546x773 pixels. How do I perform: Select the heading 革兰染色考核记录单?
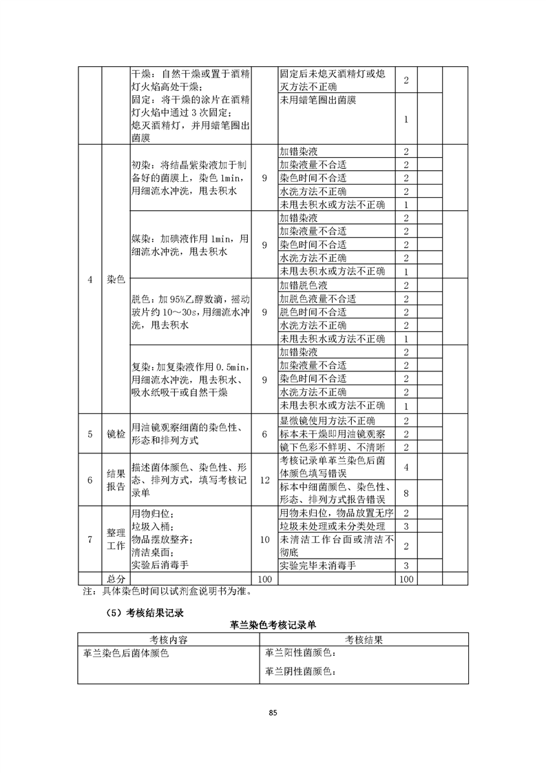tap(273, 625)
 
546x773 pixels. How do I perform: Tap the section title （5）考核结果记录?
tap(140, 611)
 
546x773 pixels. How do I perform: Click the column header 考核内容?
tap(169, 639)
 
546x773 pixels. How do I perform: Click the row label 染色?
tap(116, 280)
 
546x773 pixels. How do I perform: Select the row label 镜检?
tap(116, 434)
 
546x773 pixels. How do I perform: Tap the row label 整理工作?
tap(116, 539)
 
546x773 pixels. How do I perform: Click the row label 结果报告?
tap(116, 480)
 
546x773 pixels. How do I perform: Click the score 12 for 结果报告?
tap(265, 480)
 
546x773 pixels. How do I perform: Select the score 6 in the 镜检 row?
tap(265, 434)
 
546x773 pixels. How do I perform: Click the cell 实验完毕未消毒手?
tap(318, 566)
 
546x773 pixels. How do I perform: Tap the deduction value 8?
tap(406, 493)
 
